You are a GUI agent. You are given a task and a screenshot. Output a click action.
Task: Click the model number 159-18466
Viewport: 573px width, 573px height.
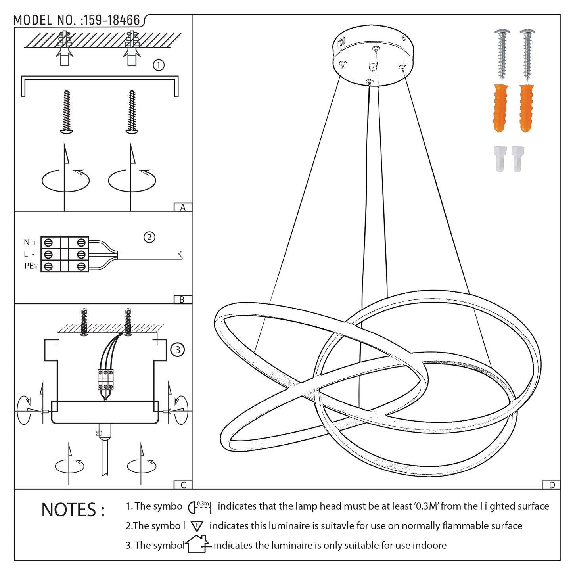click(x=112, y=20)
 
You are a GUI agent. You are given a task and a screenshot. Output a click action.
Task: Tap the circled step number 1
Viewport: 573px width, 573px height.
click(x=159, y=65)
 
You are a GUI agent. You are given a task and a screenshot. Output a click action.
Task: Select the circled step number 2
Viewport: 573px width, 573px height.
click(x=149, y=238)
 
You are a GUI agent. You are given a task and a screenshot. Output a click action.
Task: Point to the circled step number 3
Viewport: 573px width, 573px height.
click(x=177, y=350)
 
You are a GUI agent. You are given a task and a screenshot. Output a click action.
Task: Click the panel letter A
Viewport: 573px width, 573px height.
click(x=183, y=207)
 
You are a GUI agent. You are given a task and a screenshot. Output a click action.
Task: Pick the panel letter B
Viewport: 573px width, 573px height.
click(x=182, y=300)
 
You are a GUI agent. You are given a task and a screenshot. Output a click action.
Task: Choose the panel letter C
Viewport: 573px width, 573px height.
click(x=183, y=485)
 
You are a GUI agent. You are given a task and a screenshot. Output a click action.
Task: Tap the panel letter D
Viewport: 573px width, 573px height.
click(x=552, y=485)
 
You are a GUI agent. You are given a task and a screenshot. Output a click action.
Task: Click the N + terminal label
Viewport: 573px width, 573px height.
click(x=30, y=242)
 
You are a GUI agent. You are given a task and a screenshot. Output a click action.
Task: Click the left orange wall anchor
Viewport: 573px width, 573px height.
click(x=500, y=108)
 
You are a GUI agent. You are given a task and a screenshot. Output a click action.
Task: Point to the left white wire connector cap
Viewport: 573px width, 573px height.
click(x=500, y=159)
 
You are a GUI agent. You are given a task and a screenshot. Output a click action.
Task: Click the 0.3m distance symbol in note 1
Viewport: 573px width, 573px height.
click(x=200, y=506)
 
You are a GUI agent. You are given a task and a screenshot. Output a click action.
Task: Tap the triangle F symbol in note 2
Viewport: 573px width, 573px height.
click(x=197, y=526)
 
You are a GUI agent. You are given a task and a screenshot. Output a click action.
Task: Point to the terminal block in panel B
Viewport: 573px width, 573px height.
click(x=65, y=254)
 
